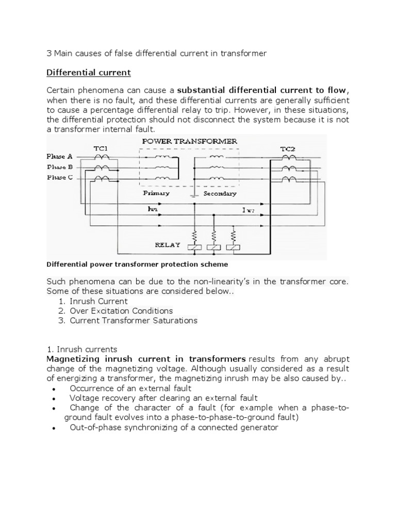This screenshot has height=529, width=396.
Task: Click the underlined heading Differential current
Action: [89, 72]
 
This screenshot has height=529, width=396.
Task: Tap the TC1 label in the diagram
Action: [101, 148]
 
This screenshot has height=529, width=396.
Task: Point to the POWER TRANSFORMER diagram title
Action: [189, 141]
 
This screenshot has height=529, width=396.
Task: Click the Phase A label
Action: [59, 157]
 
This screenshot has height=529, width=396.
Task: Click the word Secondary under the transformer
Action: [220, 193]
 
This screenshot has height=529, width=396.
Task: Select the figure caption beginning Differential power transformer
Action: [137, 264]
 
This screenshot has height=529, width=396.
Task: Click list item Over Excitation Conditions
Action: [121, 310]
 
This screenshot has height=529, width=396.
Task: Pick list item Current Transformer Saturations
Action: [134, 320]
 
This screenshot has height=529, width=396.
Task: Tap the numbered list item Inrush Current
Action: [98, 301]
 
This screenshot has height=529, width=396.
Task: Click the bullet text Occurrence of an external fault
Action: [130, 388]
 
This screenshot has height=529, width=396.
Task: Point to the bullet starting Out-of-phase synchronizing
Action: [174, 427]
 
